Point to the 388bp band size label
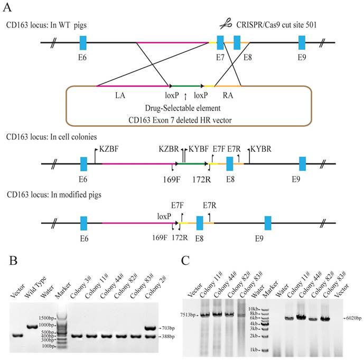[x=168, y=336]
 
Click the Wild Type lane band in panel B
[x=31, y=328]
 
